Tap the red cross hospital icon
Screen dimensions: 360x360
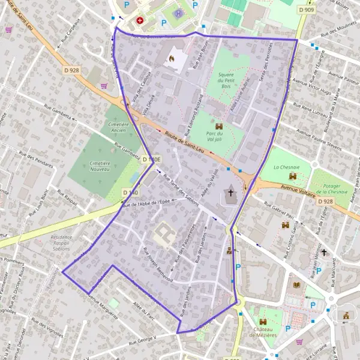pos(140,20)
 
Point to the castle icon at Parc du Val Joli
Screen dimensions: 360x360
pos(218,126)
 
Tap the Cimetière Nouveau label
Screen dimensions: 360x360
pos(91,166)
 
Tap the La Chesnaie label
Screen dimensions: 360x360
pos(286,167)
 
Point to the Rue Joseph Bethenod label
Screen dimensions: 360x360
pos(158,265)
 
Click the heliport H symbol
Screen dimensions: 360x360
pos(178,13)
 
